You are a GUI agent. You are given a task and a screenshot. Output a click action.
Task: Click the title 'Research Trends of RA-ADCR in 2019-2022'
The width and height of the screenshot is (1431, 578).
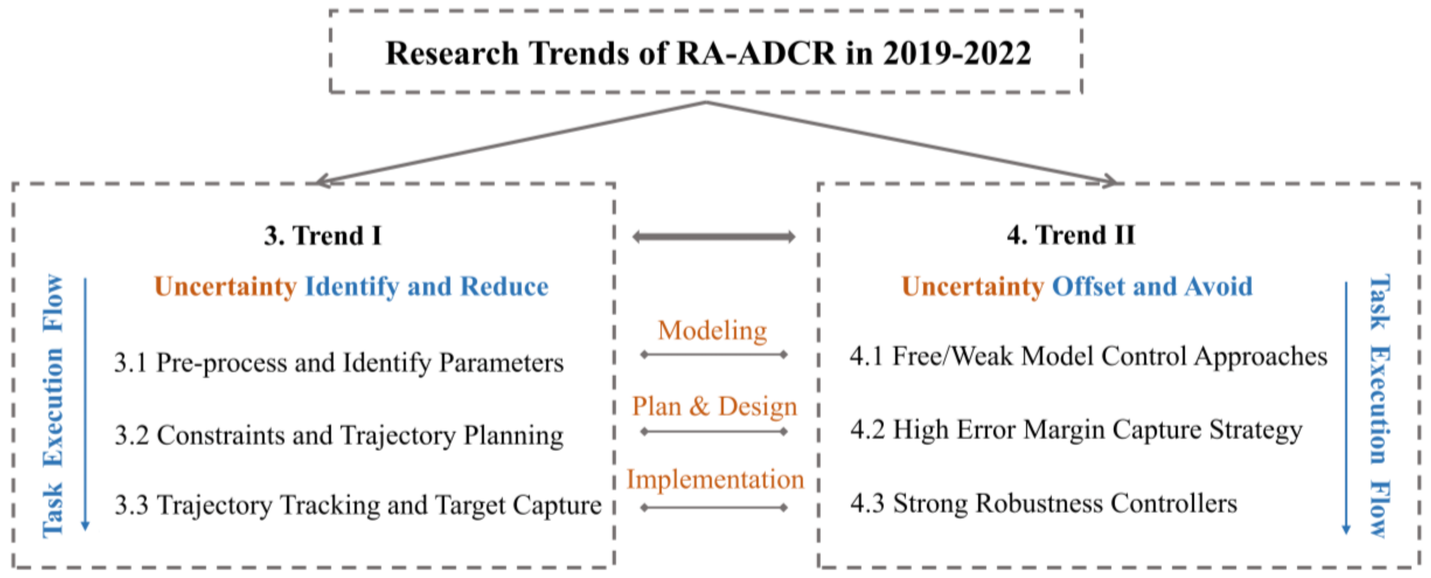[708, 53]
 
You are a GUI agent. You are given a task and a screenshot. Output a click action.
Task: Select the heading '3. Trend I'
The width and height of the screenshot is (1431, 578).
[323, 236]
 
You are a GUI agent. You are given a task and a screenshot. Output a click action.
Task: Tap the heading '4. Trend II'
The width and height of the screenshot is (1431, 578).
[1071, 235]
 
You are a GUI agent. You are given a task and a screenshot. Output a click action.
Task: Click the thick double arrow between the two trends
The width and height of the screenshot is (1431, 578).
[714, 237]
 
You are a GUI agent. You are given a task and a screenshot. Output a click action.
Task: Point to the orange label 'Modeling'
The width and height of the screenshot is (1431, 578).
[713, 331]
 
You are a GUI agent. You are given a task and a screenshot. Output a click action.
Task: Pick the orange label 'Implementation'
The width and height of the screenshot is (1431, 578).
[715, 479]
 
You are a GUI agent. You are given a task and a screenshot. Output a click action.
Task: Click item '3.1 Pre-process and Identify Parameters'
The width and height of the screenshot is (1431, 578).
[339, 363]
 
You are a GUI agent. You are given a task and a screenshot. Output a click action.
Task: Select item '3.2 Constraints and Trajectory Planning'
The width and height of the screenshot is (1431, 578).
[339, 435]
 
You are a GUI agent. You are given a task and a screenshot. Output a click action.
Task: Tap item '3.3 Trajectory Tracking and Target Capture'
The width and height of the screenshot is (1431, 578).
[358, 505]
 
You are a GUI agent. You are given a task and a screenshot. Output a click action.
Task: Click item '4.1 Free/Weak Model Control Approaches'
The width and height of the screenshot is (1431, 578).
[1089, 356]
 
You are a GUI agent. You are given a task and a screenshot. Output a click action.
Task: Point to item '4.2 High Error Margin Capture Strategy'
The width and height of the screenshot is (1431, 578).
[1076, 430]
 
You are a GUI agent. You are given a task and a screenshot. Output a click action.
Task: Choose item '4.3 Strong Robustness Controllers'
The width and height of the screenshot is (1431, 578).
[1044, 504]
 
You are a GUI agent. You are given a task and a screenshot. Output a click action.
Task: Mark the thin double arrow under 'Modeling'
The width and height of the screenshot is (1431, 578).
[714, 354]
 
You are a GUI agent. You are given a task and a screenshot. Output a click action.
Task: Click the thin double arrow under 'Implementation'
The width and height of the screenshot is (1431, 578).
[714, 508]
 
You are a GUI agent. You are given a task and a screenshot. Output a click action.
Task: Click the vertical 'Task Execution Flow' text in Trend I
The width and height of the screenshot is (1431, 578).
[53, 406]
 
